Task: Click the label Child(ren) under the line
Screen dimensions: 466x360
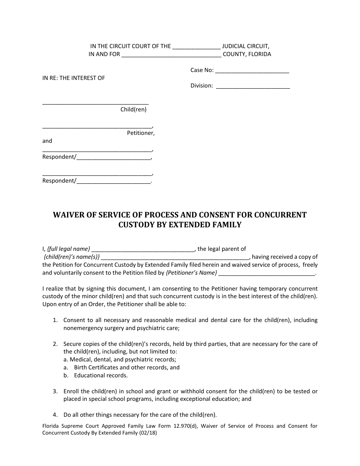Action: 133,109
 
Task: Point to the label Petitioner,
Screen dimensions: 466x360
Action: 141,133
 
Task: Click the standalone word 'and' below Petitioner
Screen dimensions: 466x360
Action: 47,141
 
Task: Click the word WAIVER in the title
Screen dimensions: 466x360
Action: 68,215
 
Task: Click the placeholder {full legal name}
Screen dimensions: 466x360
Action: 69,249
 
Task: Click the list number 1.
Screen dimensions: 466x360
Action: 55,320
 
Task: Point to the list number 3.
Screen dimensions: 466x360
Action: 55,391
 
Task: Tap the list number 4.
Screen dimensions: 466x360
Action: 55,414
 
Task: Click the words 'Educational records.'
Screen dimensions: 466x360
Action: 101,375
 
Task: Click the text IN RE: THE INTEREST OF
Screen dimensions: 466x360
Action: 74,78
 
